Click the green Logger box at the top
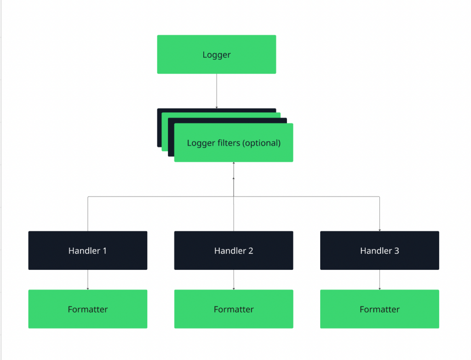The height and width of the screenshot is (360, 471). [x=216, y=54]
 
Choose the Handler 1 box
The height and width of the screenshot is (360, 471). [x=87, y=250]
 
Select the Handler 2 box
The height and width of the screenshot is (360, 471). [x=234, y=250]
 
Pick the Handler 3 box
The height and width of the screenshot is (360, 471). [x=379, y=250]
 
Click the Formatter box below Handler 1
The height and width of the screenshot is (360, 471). [x=87, y=309]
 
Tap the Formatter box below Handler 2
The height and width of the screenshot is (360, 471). [x=234, y=309]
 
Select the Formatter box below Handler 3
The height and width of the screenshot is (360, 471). [x=379, y=309]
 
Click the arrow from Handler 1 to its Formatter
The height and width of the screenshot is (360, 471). [x=88, y=279]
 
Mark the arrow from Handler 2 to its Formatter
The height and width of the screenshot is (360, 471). [x=234, y=279]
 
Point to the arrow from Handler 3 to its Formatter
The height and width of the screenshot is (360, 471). [x=379, y=279]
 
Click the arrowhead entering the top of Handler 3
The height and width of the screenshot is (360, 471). [x=379, y=229]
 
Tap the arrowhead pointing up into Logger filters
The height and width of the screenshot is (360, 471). [x=234, y=164]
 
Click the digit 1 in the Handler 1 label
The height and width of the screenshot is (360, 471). [x=104, y=251]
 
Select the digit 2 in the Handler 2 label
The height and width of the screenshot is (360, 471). [x=251, y=251]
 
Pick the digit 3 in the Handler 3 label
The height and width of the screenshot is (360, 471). [x=396, y=251]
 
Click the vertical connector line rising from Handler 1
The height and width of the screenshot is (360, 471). [x=88, y=214]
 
